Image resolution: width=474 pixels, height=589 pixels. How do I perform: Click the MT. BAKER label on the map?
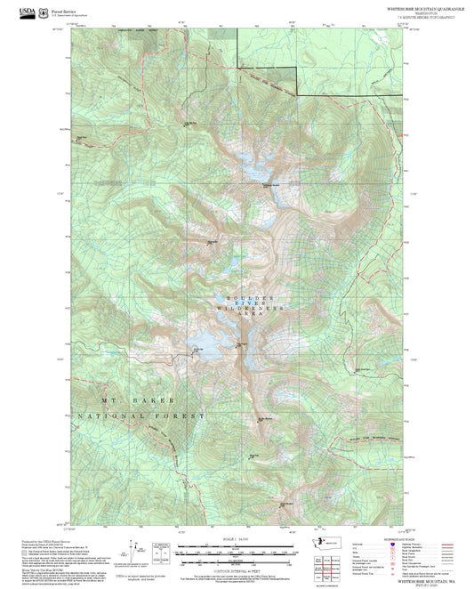(131, 400)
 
